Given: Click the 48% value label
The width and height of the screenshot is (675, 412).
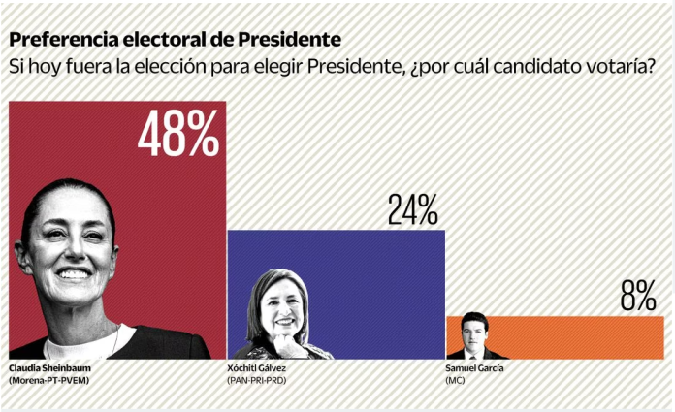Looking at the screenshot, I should [177, 135].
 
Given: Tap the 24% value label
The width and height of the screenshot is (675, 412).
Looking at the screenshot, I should [412, 210].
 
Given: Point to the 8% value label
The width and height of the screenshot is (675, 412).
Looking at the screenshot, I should [637, 297].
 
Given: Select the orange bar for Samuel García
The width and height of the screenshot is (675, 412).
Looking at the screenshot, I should [582, 337].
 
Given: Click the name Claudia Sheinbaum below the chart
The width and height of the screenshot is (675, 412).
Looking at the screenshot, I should [48, 369].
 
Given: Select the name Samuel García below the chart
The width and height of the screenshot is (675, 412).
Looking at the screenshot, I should [475, 369].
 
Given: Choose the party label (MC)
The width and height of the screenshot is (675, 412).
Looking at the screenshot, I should [456, 381].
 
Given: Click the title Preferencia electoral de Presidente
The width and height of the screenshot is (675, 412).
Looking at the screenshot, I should [176, 41].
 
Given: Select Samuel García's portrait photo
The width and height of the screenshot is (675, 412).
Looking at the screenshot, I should [473, 335].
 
